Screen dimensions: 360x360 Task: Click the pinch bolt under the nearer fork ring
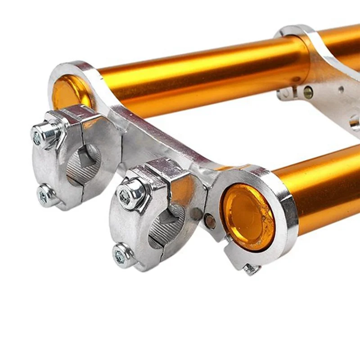point(251,269)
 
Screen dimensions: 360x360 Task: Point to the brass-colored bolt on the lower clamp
point(308,92)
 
